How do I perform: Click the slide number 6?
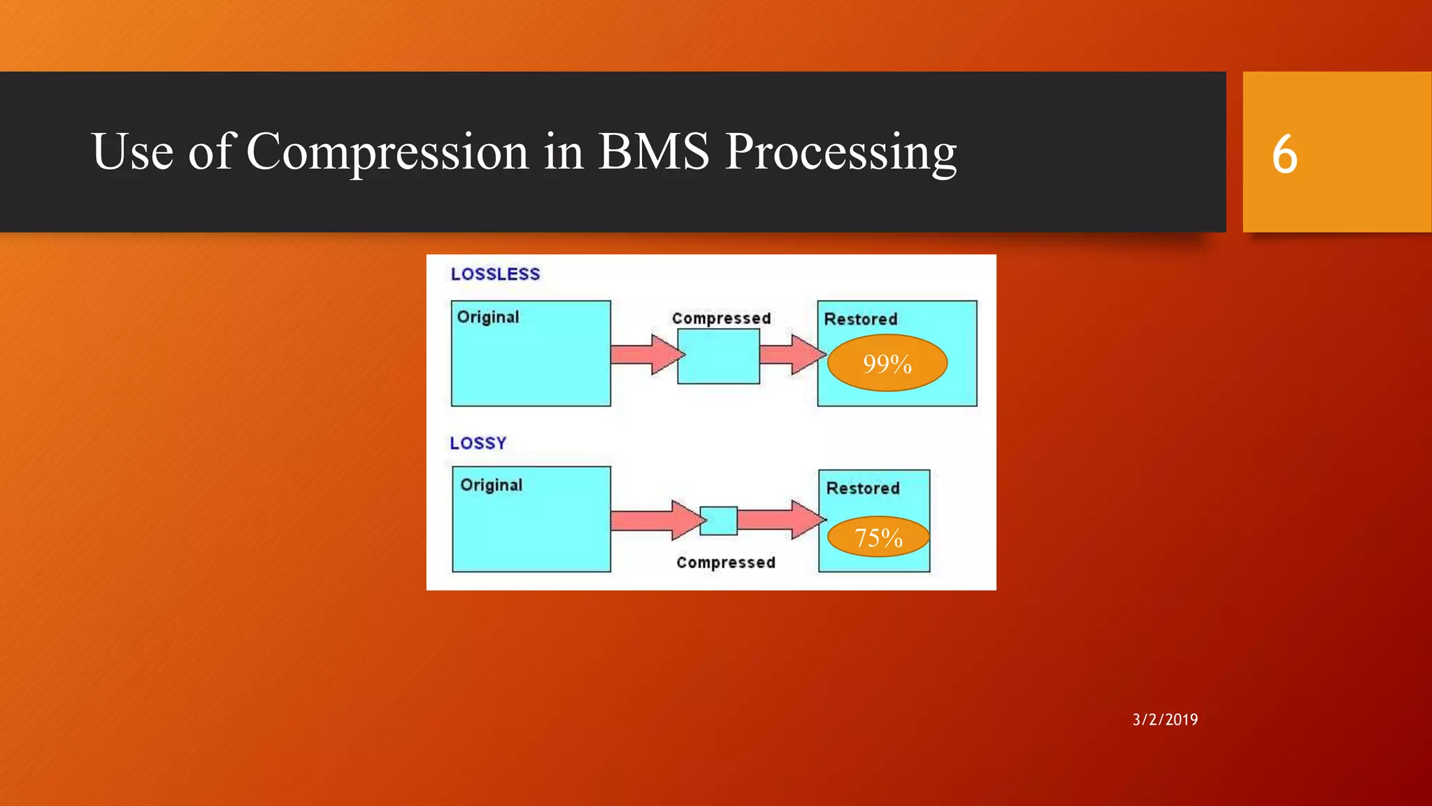pyautogui.click(x=1284, y=154)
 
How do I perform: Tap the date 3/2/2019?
pyautogui.click(x=1165, y=719)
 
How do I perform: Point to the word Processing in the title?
pyautogui.click(x=840, y=153)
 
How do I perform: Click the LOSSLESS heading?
pyautogui.click(x=495, y=274)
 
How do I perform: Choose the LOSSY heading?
pyautogui.click(x=478, y=443)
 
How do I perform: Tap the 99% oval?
pyautogui.click(x=887, y=363)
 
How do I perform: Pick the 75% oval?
pyautogui.click(x=878, y=537)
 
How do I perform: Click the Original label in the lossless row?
pyautogui.click(x=488, y=317)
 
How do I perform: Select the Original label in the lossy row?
pyautogui.click(x=491, y=485)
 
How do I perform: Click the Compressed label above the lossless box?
pyautogui.click(x=721, y=318)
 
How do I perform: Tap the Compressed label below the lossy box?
pyautogui.click(x=726, y=563)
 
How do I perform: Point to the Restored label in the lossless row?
pyautogui.click(x=860, y=319)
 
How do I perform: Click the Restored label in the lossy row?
pyautogui.click(x=863, y=488)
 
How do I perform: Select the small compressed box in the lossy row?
pyautogui.click(x=719, y=521)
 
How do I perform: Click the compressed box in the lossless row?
pyautogui.click(x=718, y=356)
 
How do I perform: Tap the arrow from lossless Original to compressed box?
pyautogui.click(x=646, y=354)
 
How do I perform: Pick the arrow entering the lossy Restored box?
pyautogui.click(x=781, y=520)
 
